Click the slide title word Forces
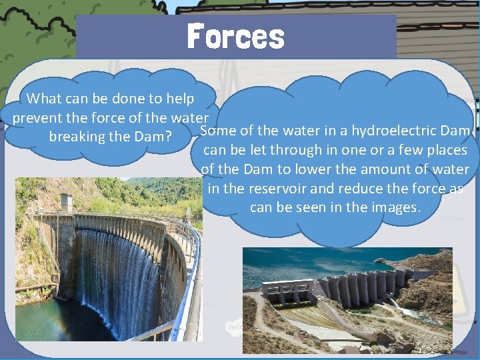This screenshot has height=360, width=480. coord(236,36)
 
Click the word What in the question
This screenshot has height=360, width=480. coord(44,99)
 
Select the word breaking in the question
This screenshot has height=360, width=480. coord(75,137)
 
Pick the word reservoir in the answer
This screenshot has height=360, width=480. coord(276,189)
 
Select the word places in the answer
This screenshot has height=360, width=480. coord(446,150)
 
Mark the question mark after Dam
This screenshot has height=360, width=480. coord(171,137)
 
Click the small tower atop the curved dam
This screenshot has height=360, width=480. coord(65,202)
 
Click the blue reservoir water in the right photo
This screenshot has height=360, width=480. coord(320,263)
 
